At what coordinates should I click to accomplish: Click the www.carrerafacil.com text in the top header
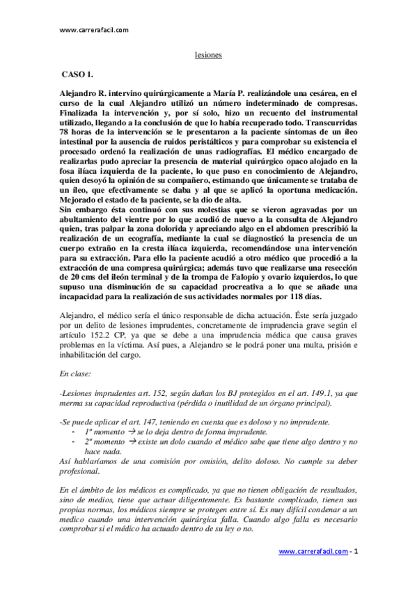[x=94, y=30]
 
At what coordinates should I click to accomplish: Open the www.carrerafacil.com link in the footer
[x=313, y=551]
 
